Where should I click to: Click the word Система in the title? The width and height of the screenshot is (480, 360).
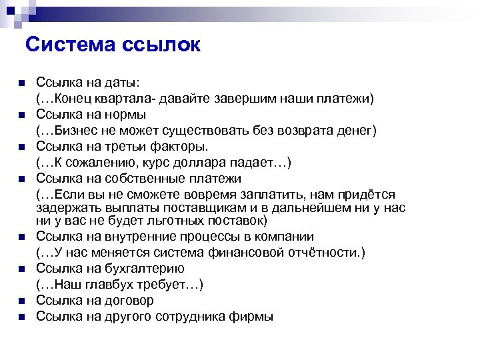click(x=69, y=45)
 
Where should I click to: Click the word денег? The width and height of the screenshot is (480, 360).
click(x=354, y=131)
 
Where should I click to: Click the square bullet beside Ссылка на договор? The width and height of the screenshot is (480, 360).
click(x=21, y=301)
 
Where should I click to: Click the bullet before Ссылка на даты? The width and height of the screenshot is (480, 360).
click(x=21, y=83)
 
